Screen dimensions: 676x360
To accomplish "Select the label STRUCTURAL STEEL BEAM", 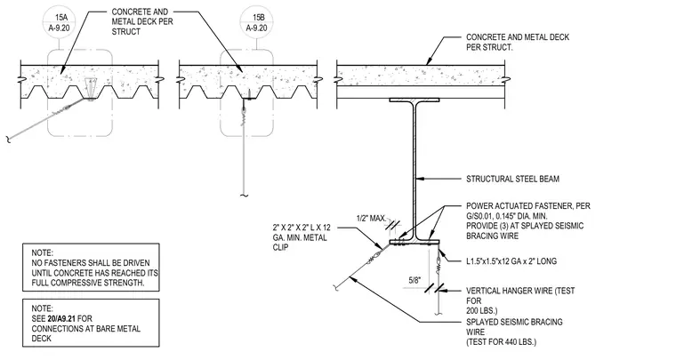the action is pos(512,179).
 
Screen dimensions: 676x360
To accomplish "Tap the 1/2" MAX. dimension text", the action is pos(371,219).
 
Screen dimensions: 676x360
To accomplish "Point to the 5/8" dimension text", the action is pos(414,281).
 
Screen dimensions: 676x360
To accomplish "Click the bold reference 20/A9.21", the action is pos(61,318).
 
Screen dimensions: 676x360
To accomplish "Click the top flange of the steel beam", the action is pos(414,100).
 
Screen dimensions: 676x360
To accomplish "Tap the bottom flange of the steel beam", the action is pos(414,243).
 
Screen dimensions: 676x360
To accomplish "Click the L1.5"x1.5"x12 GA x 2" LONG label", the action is pos(511,261).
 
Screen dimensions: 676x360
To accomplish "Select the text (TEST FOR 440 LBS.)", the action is pos(501,342).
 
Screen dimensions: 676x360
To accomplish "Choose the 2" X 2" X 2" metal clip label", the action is pos(302,237).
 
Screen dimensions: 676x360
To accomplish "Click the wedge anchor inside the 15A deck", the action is pos(90,88).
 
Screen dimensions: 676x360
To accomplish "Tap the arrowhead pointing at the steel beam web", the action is pos(421,179).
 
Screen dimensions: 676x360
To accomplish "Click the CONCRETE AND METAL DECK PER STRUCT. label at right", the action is pos(518,42).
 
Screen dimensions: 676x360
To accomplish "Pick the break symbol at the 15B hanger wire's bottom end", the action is pos(245,196).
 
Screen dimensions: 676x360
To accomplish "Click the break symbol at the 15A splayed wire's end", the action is pos(8,139).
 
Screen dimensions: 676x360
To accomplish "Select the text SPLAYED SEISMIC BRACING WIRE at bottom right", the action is pos(514,327).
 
